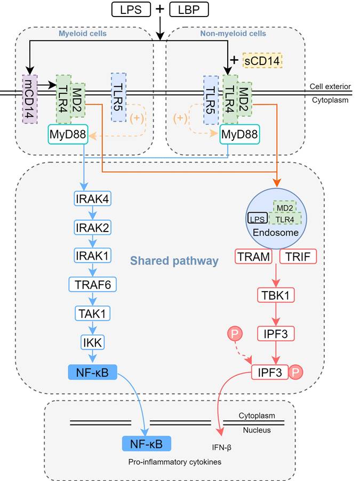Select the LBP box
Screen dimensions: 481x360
coord(189,9)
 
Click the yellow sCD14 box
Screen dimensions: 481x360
coord(262,60)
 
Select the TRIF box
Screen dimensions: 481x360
coord(298,257)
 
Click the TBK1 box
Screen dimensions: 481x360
coord(276,295)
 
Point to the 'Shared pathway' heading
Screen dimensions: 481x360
coord(174,261)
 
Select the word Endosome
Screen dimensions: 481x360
coord(276,233)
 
